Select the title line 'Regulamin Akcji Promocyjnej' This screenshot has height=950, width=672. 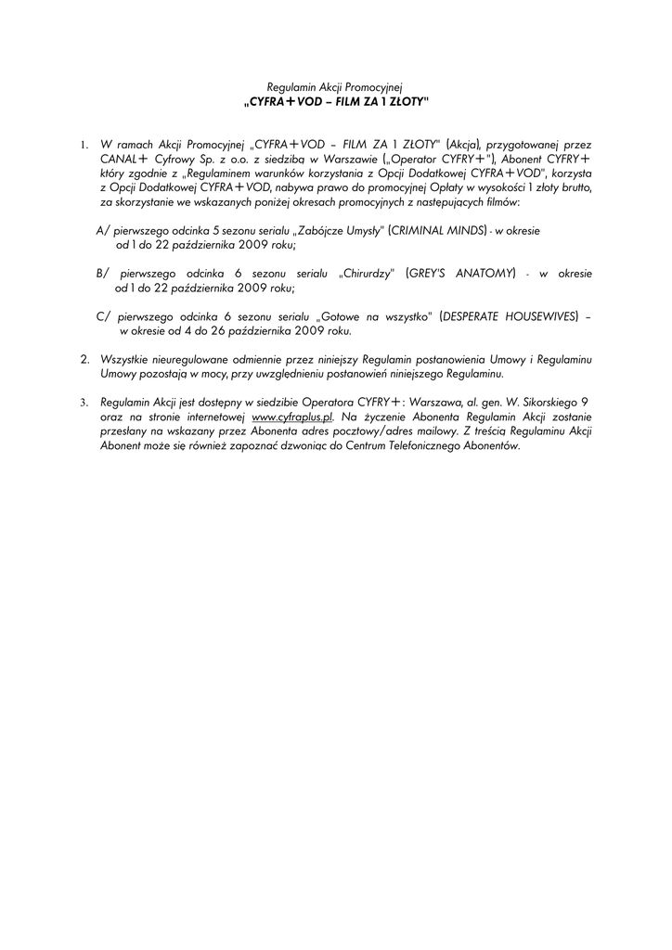(x=335, y=86)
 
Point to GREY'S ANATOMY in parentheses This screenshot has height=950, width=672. (x=460, y=274)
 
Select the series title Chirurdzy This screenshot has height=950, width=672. (x=368, y=274)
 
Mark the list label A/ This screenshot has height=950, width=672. (x=102, y=228)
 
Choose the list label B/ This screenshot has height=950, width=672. (x=102, y=274)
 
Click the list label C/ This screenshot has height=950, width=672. (x=102, y=316)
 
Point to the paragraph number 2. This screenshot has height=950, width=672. (x=84, y=358)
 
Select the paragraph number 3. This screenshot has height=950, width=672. (x=84, y=403)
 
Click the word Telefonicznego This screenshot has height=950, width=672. (x=430, y=445)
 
